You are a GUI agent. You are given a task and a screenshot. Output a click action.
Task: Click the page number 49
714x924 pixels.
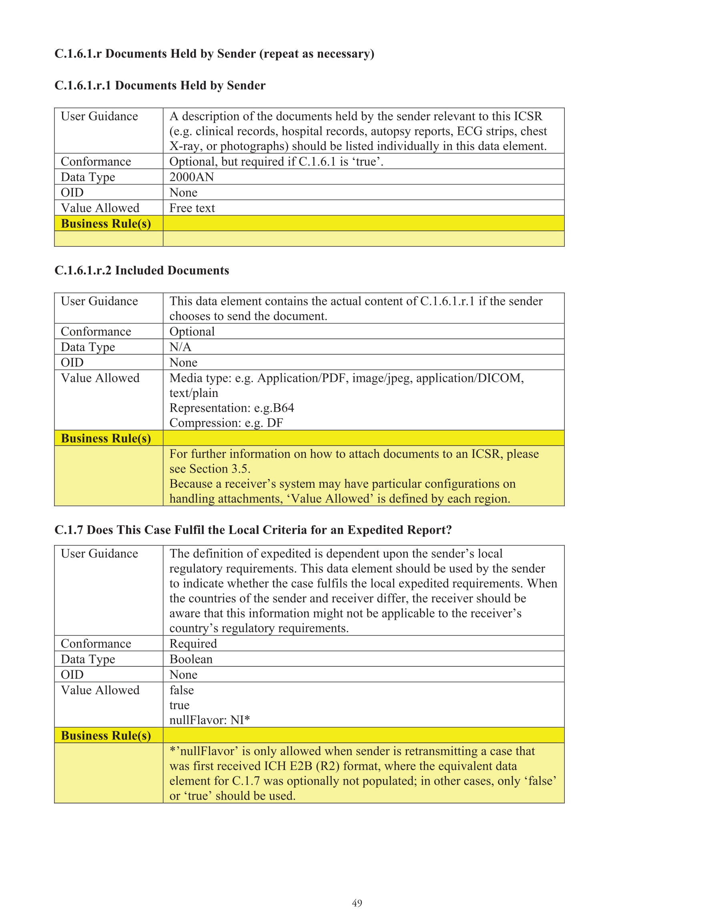pos(357,903)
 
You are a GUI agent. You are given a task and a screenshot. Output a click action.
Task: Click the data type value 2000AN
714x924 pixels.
pos(191,177)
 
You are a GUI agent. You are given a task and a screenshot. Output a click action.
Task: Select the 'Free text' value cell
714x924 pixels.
pos(192,208)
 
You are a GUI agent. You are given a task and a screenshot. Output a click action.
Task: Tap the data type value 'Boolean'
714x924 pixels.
pos(191,659)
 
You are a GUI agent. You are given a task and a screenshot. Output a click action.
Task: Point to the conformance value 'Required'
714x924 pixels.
pos(193,643)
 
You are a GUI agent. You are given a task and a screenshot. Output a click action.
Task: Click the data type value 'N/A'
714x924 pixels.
pos(180,347)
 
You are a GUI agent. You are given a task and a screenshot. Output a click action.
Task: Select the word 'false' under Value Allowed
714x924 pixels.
pos(182,690)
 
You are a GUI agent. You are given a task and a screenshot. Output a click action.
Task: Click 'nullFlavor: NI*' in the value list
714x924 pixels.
pos(209,720)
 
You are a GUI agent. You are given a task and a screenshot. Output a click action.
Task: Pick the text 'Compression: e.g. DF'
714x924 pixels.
pos(226,423)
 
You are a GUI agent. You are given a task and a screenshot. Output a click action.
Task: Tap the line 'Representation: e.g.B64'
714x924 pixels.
pos(231,407)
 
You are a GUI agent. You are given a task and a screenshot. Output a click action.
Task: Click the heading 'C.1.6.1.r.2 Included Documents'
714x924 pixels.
pos(142,271)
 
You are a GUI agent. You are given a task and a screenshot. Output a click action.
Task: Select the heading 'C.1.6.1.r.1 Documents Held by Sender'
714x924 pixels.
pos(160,86)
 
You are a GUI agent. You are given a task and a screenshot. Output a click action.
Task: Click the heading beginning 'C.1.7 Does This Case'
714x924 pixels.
pos(253,530)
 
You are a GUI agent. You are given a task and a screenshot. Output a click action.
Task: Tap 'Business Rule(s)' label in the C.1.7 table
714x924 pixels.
pos(106,735)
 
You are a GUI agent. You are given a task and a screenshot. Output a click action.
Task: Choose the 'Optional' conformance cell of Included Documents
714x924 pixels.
pos(192,331)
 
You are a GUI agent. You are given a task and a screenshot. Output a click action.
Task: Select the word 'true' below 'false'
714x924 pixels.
pos(179,705)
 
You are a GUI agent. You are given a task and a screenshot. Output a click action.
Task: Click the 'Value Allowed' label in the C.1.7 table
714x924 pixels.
pos(100,690)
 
